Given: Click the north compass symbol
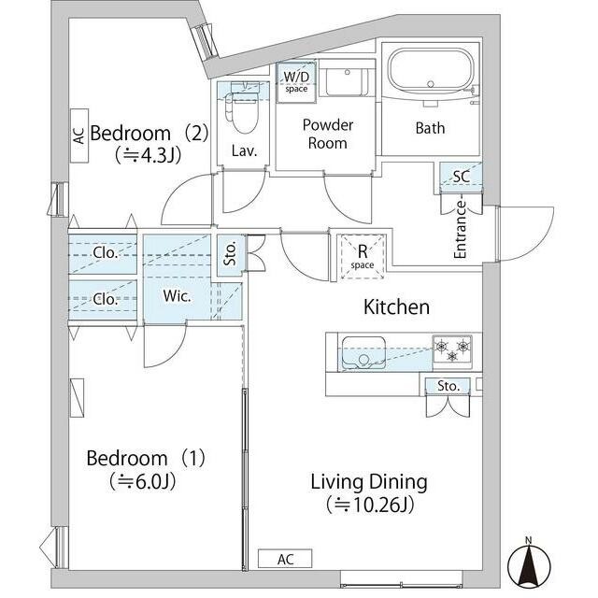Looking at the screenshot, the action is click(x=529, y=561).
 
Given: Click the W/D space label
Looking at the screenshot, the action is click(x=296, y=82).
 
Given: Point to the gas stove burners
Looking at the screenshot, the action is click(x=452, y=349).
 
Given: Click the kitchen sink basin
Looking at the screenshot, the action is click(x=363, y=353).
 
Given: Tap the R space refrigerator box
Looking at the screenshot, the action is click(x=362, y=256).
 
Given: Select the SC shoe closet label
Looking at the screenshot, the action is click(x=462, y=177).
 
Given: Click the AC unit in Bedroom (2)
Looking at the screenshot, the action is click(x=79, y=135).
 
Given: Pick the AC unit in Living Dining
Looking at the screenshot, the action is click(x=285, y=559).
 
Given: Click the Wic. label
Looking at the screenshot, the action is click(x=177, y=296).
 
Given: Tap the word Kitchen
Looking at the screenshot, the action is click(x=396, y=307).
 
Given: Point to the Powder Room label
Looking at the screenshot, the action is click(x=328, y=134).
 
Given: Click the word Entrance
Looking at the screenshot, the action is click(x=461, y=230).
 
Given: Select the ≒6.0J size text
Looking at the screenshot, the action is click(x=143, y=481).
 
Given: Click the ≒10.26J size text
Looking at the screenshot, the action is click(x=370, y=505).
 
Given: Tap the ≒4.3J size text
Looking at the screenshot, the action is click(x=148, y=155).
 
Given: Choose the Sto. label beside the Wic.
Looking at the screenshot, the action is click(x=230, y=254).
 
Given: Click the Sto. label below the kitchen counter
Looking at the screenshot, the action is click(x=448, y=386).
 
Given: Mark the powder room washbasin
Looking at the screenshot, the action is click(x=347, y=82).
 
